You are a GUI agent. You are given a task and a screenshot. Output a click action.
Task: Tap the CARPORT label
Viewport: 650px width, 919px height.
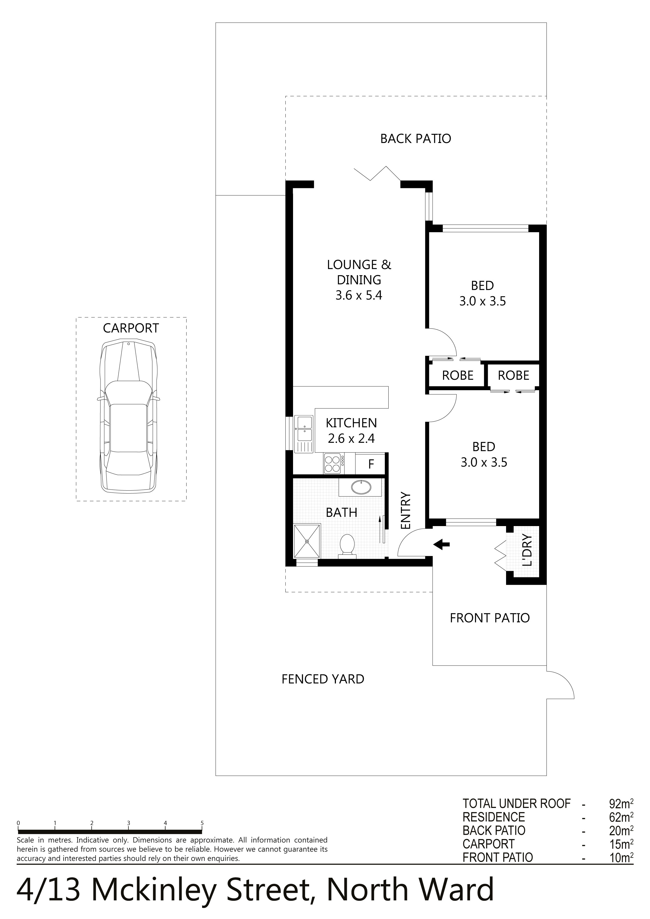131,328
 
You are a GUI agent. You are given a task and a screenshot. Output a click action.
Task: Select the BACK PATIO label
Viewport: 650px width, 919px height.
416,139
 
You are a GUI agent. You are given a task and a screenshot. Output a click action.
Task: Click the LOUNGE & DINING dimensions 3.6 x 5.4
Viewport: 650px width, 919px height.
359,296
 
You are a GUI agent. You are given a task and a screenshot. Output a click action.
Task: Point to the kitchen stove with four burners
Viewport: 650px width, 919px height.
332,463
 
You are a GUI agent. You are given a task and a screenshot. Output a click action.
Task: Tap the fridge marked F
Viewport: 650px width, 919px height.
371,464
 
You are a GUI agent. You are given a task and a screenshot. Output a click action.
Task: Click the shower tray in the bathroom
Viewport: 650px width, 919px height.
307,541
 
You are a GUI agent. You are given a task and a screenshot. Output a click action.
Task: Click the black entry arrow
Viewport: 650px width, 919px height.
442,544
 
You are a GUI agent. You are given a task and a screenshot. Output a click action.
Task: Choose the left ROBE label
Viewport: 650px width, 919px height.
458,375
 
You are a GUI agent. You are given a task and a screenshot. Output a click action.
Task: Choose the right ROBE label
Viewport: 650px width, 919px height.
513,375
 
